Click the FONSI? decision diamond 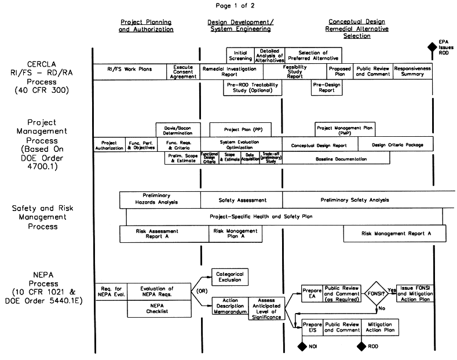point(377,293)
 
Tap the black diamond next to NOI point(302,347)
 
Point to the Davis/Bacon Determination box point(177,129)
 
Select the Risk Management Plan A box point(236,234)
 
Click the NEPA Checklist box point(159,309)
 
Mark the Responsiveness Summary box point(412,72)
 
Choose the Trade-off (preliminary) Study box point(272,158)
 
